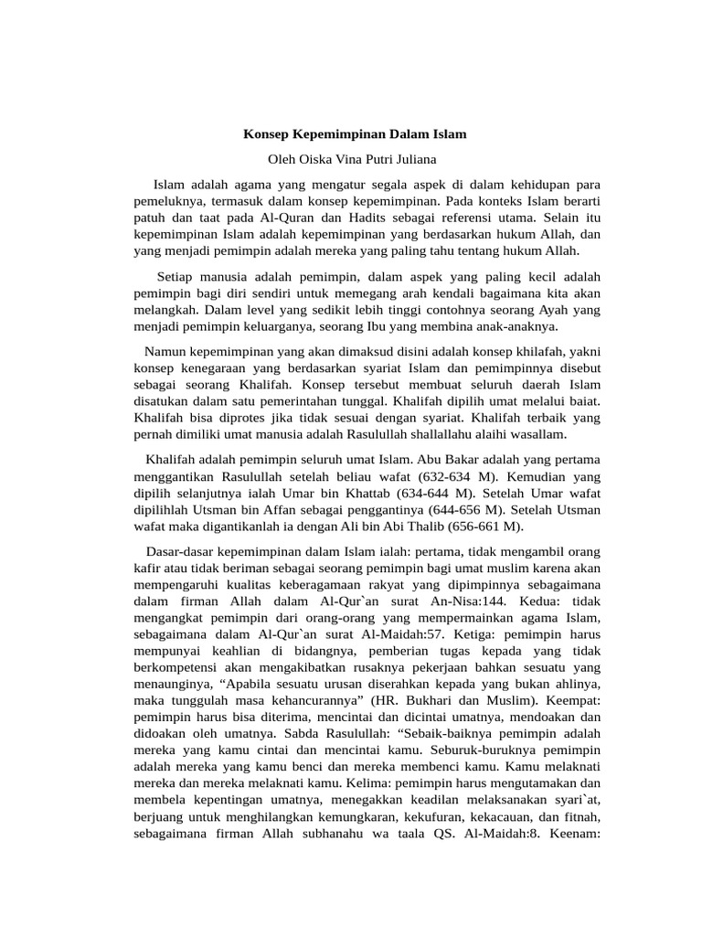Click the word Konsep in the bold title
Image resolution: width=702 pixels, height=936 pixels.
coord(265,134)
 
